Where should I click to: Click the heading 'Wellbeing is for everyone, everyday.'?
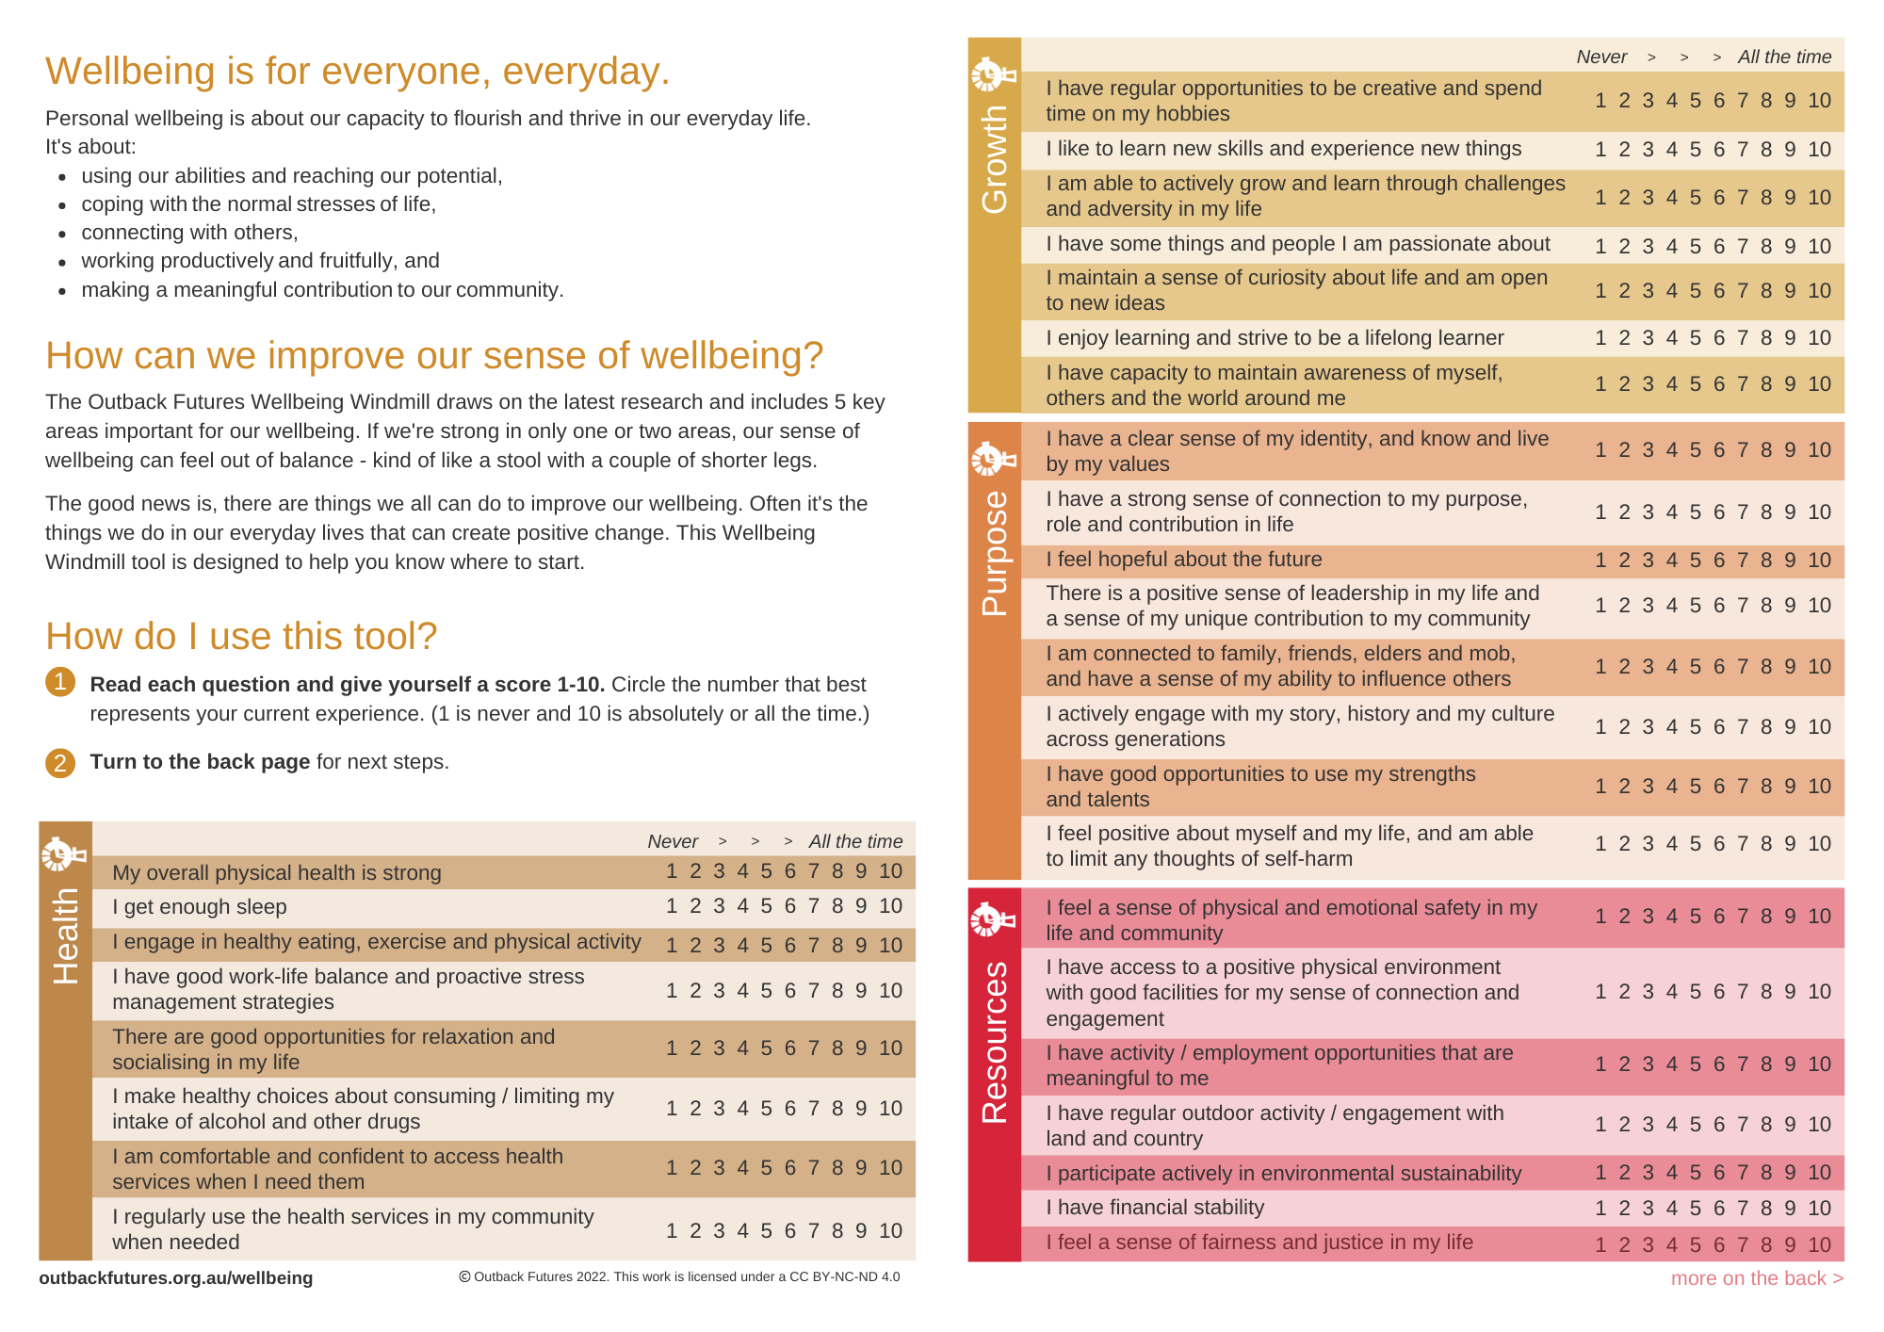[x=357, y=72]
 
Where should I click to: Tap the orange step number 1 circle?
[x=60, y=681]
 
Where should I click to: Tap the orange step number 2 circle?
[x=60, y=762]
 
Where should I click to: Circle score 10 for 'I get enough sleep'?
[x=890, y=906]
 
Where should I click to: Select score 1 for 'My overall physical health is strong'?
[x=672, y=871]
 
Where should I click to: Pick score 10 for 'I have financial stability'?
[x=1819, y=1208]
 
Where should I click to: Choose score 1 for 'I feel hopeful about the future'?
[x=1600, y=560]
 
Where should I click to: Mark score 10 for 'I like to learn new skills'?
[x=1819, y=149]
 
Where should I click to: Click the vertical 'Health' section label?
[x=66, y=937]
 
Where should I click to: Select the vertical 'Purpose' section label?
[x=995, y=554]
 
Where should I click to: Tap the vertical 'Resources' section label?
[x=995, y=1042]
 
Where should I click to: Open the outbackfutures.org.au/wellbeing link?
[x=176, y=1278]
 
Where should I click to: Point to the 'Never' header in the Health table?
[x=673, y=841]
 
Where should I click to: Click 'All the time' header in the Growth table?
[x=1784, y=57]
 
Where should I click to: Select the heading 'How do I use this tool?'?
[x=241, y=637]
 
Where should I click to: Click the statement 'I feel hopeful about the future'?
[x=1183, y=560]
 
